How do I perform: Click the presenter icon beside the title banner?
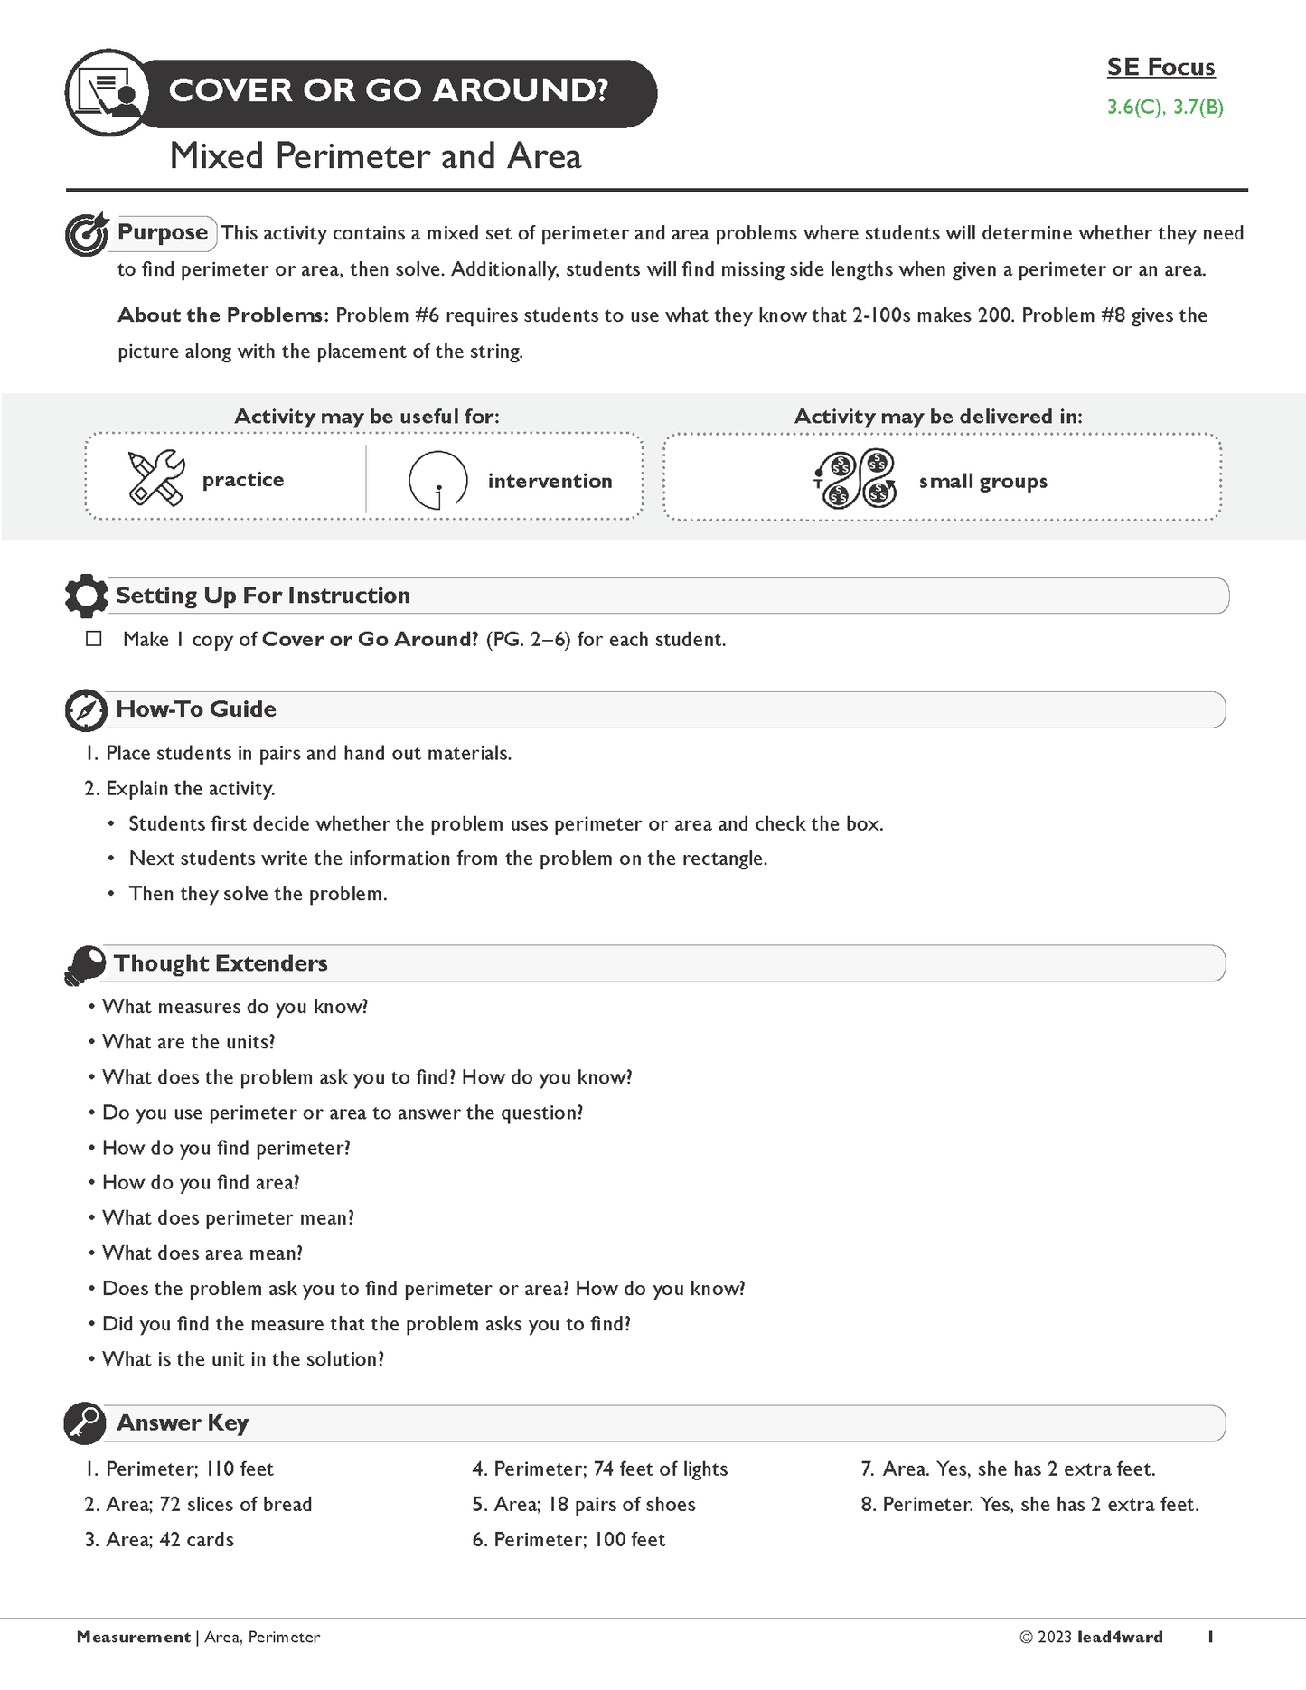108,93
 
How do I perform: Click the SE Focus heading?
1160,67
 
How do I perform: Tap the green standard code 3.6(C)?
1133,108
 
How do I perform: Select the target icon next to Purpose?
87,234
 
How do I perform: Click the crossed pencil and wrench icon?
156,478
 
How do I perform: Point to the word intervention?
550,481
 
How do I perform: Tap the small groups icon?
855,479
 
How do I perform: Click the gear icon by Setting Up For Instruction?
86,596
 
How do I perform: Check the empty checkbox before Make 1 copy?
94,639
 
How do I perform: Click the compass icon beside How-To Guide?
87,710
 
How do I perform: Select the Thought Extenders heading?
221,963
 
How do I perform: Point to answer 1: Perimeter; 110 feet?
179,1469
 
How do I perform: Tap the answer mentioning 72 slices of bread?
198,1505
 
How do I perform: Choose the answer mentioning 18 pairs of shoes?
584,1505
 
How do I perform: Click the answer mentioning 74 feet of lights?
599,1469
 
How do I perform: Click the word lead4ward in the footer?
1120,1637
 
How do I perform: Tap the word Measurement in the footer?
134,1637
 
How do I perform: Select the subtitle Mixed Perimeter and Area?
375,156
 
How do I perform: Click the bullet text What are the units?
188,1042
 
